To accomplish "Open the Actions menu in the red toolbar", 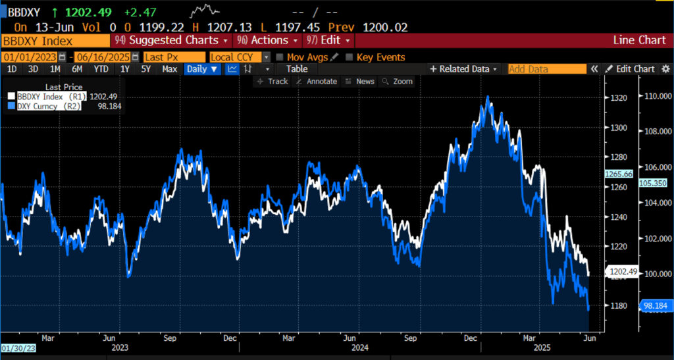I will (265, 40).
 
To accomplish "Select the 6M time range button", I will (77, 69).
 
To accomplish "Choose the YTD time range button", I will (101, 69).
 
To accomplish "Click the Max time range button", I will (170, 69).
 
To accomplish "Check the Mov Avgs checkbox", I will (280, 57).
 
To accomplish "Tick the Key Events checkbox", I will (349, 57).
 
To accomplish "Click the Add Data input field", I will (546, 69).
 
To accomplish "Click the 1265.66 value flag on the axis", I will (619, 174).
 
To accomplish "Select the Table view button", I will (297, 69).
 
